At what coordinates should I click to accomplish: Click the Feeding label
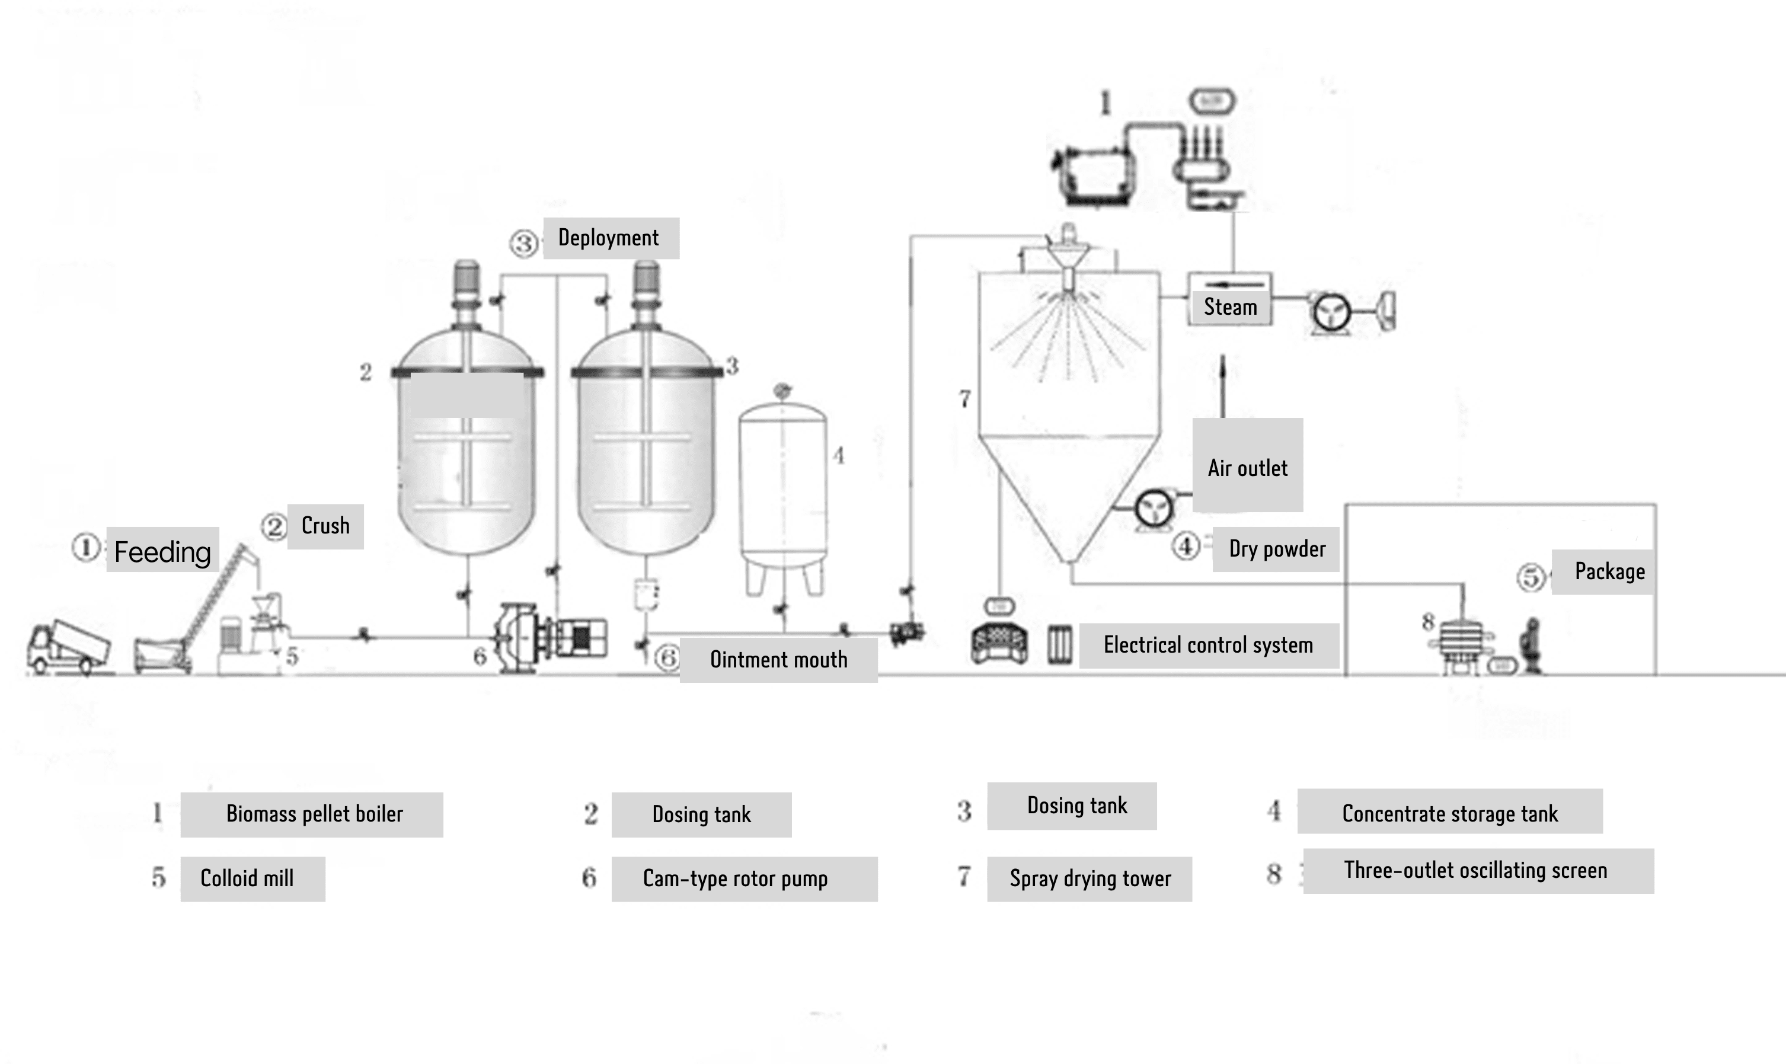[x=163, y=551]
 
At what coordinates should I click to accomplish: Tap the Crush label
[x=325, y=526]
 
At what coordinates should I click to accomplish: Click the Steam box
[x=1229, y=306]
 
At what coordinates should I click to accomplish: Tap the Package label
[x=1609, y=571]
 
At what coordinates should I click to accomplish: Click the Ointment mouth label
[x=779, y=660]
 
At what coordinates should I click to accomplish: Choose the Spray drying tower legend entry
[x=1090, y=878]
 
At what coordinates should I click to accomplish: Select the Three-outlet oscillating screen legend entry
[x=1477, y=870]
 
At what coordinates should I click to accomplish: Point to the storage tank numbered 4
[x=783, y=488]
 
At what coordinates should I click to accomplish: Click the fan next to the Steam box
[x=1331, y=312]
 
